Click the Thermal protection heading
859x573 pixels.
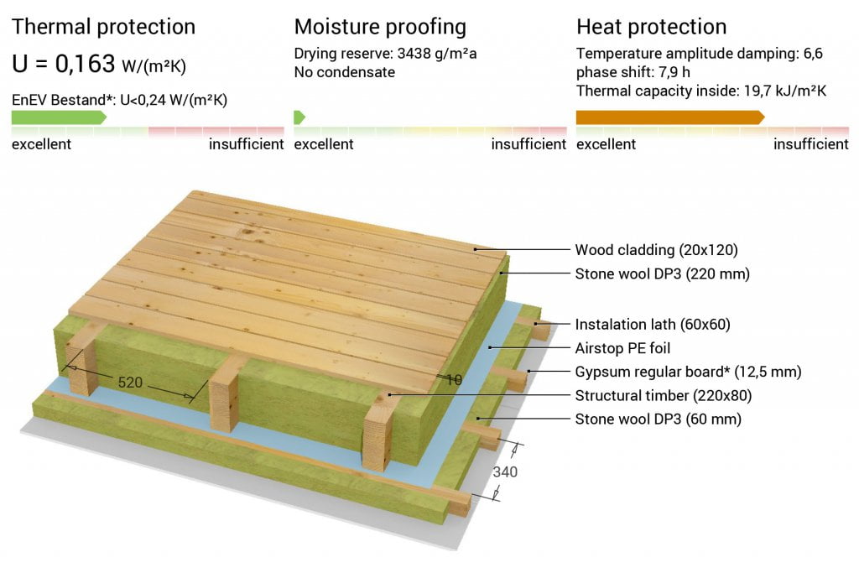[x=103, y=27]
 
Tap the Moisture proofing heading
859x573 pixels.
[x=380, y=27]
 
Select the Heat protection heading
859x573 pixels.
[x=651, y=27]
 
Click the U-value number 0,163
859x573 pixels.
[x=85, y=64]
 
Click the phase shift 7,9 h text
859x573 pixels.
[x=633, y=72]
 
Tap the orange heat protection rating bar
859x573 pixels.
[x=670, y=117]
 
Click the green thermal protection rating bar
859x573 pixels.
[x=60, y=117]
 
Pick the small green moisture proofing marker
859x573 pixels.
[x=299, y=117]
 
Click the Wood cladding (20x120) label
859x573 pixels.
[x=656, y=250]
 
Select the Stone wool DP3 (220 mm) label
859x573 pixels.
[x=663, y=273]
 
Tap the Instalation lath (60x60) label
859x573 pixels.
[x=653, y=325]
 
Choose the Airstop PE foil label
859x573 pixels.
[x=622, y=348]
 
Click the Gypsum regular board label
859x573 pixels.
[x=688, y=372]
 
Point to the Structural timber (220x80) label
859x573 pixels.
[x=664, y=395]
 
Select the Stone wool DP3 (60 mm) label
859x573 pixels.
[x=658, y=419]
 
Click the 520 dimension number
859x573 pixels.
[x=130, y=383]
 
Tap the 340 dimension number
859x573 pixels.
[x=505, y=471]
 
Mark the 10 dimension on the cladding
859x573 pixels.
[x=454, y=380]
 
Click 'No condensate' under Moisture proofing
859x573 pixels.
[x=345, y=72]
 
